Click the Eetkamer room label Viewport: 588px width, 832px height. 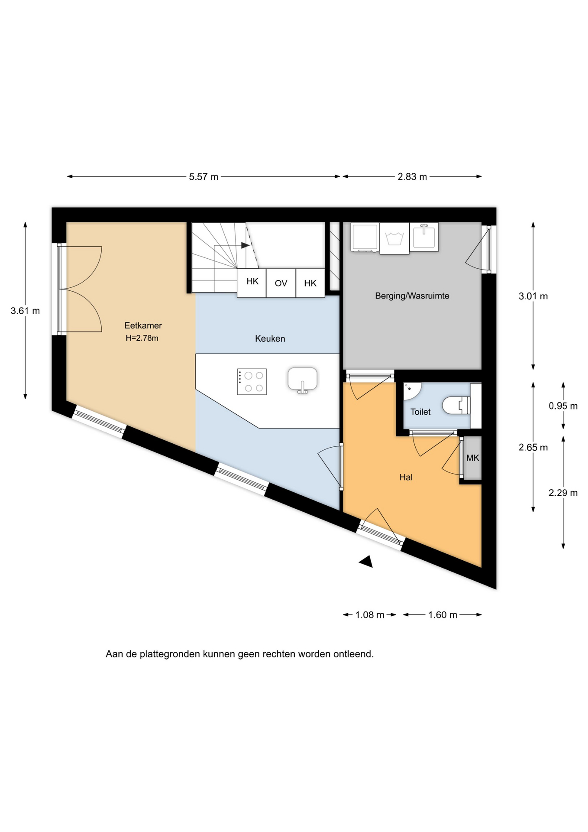pyautogui.click(x=143, y=325)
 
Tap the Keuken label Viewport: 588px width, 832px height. pyautogui.click(x=270, y=339)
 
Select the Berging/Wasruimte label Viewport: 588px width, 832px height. pyautogui.click(x=412, y=296)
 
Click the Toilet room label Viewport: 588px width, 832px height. pyautogui.click(x=420, y=412)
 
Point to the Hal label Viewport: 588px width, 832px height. pyautogui.click(x=406, y=477)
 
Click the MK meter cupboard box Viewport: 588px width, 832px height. pyautogui.click(x=472, y=458)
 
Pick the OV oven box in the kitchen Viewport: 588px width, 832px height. pyautogui.click(x=281, y=283)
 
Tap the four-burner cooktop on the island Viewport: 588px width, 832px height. pyautogui.click(x=252, y=382)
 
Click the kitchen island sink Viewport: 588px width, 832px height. pyautogui.click(x=302, y=379)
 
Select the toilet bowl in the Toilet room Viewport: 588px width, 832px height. pyautogui.click(x=456, y=406)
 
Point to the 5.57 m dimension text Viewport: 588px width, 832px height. pyautogui.click(x=204, y=177)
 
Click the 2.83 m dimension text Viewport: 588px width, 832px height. pyautogui.click(x=412, y=177)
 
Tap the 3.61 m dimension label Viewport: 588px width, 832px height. pyautogui.click(x=25, y=311)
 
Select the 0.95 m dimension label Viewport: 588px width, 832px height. pyautogui.click(x=563, y=406)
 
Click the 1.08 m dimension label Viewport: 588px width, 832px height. pyautogui.click(x=370, y=615)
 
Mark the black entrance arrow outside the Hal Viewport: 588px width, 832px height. pyautogui.click(x=366, y=562)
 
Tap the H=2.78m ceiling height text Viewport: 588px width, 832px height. pyautogui.click(x=142, y=338)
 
